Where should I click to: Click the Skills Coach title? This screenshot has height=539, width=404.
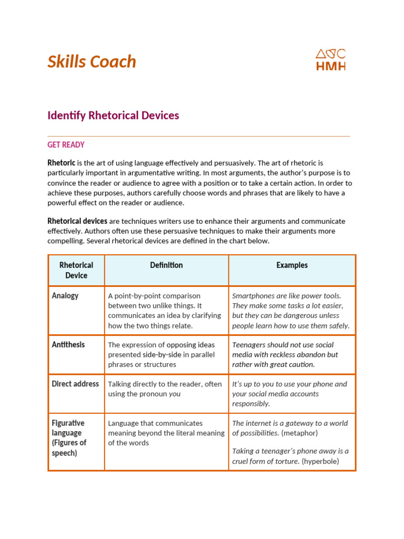point(92,62)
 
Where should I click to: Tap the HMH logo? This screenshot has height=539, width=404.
point(330,59)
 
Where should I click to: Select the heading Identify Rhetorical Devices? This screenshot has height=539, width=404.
point(113,115)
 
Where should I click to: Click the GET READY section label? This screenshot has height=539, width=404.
point(66,145)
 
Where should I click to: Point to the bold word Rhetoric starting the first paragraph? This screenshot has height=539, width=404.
point(62,163)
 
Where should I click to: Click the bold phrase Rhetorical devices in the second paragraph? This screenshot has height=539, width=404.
point(77,221)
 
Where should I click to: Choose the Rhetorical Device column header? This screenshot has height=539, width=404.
point(76,270)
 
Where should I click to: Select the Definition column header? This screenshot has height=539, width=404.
point(166,265)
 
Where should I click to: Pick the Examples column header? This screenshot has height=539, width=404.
point(292,265)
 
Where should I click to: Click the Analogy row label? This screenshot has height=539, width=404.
point(65,296)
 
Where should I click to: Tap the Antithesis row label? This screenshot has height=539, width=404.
point(68,345)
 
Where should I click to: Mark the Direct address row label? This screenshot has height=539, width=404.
point(75,384)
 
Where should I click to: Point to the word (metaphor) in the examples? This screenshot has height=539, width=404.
point(299,433)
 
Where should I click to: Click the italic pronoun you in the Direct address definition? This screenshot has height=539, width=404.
point(175,394)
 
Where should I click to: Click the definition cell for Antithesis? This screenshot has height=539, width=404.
point(166,354)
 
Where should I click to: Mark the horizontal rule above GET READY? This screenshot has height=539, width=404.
point(199,136)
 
